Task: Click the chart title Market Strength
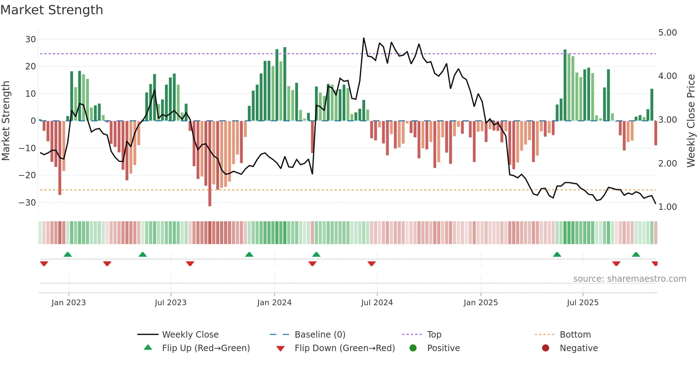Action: point(52,10)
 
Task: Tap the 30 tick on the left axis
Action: point(30,39)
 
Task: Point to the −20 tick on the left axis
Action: point(27,175)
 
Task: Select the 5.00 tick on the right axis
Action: point(667,33)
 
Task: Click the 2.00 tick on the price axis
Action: point(667,164)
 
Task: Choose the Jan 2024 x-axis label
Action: point(274,303)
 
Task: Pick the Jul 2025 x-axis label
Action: point(582,303)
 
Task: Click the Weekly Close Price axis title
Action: point(691,121)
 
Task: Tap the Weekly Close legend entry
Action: point(190,335)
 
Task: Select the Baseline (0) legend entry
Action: point(320,335)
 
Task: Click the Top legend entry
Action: point(434,335)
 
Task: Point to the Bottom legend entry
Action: point(575,335)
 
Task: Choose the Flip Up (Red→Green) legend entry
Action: point(206,348)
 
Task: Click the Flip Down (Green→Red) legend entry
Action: point(345,348)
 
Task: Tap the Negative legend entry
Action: point(579,348)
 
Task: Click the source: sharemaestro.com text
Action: point(629,279)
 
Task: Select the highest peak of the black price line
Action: point(363,38)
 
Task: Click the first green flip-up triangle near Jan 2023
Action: point(68,254)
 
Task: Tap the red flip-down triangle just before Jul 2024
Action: point(372,264)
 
